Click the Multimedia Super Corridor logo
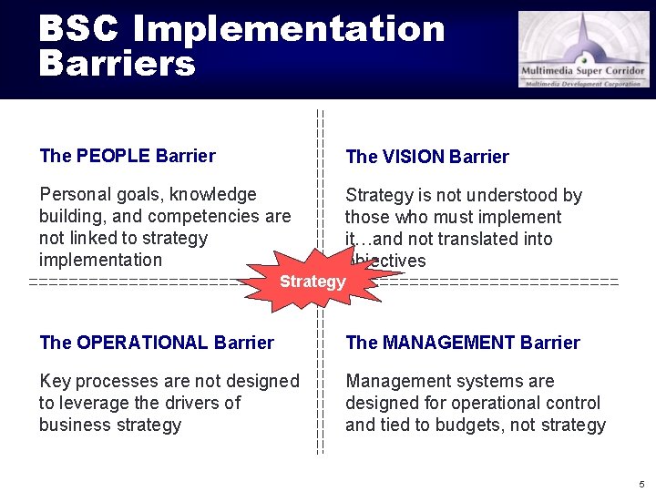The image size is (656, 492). (x=584, y=49)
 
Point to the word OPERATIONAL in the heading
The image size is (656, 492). (x=142, y=343)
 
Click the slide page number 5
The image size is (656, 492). (x=641, y=483)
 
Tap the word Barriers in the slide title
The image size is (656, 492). (x=117, y=64)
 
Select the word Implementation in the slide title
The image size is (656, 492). (x=288, y=29)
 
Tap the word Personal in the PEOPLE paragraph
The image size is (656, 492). (x=72, y=194)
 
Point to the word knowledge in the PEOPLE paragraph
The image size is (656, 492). (x=212, y=194)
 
